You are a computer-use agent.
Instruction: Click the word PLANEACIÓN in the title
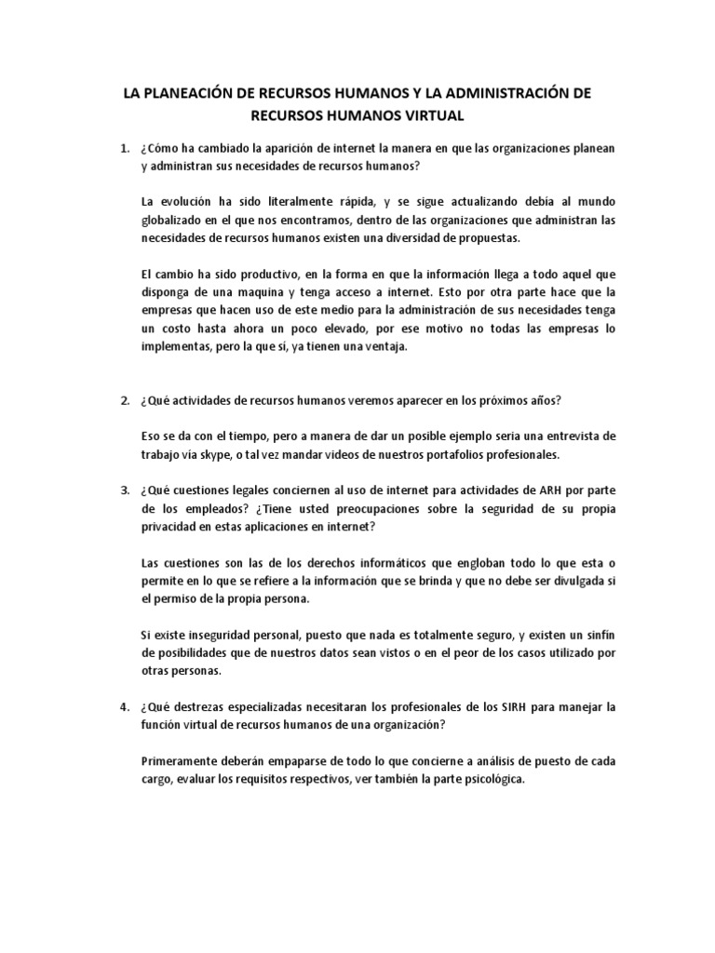tap(196, 94)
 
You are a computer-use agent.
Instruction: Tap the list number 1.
tap(124, 149)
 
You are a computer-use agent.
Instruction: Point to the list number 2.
tap(124, 400)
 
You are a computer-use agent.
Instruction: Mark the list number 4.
tap(124, 707)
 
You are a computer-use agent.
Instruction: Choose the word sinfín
tap(596, 635)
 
